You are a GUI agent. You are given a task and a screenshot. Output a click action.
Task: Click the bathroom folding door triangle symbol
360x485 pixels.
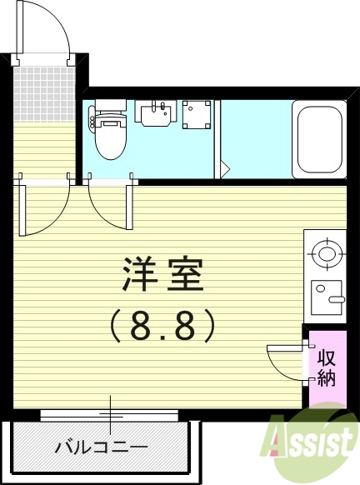[x=224, y=167]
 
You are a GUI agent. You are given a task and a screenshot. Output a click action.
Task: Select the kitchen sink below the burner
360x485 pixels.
[x=327, y=296]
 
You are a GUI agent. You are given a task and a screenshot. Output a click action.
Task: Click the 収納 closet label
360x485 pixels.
[x=326, y=367]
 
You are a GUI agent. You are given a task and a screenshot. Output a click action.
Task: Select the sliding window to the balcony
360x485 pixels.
[x=108, y=414]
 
